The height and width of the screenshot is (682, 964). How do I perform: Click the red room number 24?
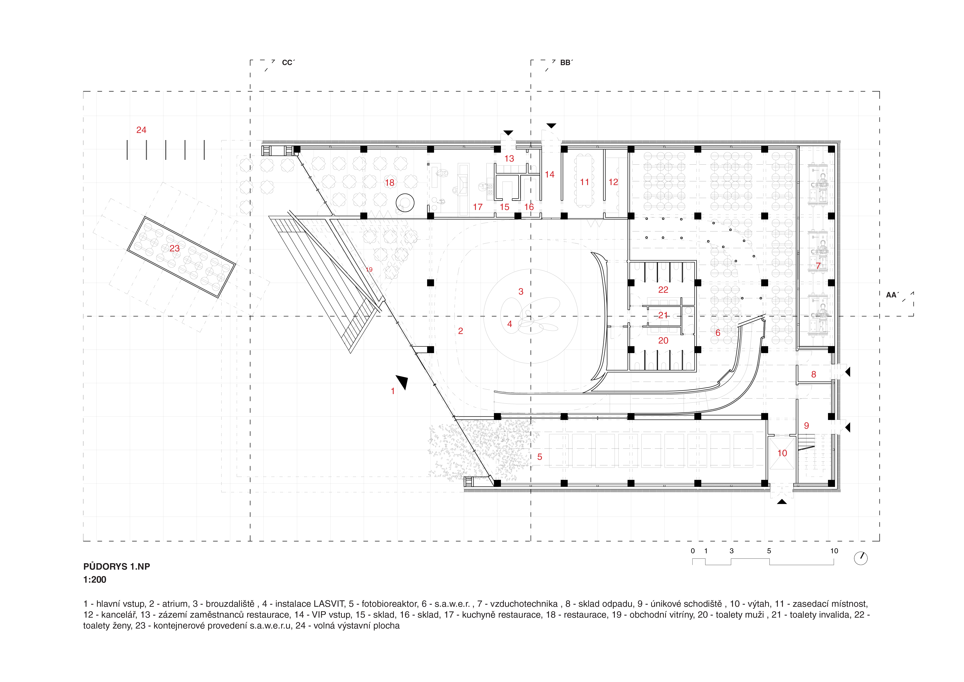click(141, 130)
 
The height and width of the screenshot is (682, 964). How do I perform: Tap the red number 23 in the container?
click(175, 249)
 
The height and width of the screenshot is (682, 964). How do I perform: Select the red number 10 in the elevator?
click(782, 453)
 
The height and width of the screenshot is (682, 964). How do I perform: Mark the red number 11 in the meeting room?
click(585, 182)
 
